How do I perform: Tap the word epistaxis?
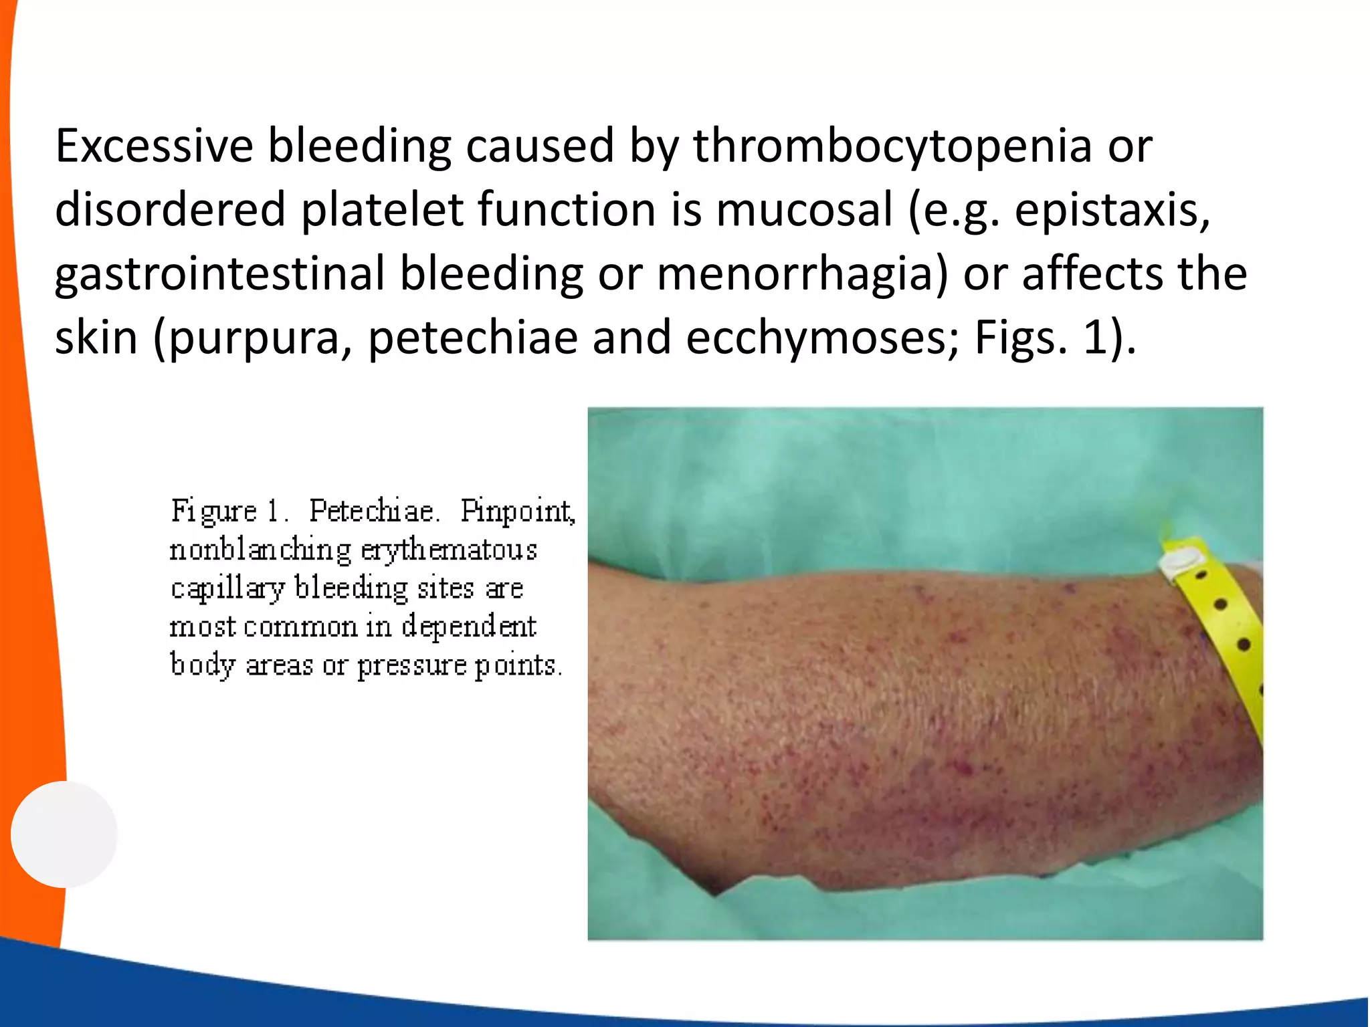(x=1112, y=210)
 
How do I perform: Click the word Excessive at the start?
(x=154, y=146)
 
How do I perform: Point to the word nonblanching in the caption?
(x=260, y=550)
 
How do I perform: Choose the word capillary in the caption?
(x=227, y=589)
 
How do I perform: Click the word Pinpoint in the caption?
(x=517, y=511)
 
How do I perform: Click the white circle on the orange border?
(x=64, y=834)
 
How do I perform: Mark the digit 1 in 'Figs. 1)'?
(x=1095, y=338)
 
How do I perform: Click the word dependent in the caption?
(x=468, y=627)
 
